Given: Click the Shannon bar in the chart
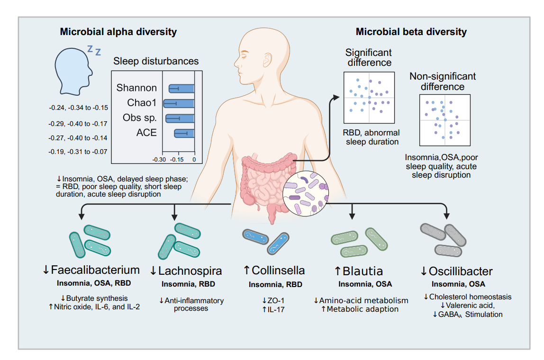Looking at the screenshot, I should [x=182, y=88].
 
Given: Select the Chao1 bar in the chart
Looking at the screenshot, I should [x=179, y=103].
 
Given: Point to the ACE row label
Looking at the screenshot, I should [x=146, y=133].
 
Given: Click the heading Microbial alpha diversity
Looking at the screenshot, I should [x=118, y=32].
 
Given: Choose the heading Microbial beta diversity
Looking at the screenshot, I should [x=411, y=32].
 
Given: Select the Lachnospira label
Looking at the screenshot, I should [x=190, y=271].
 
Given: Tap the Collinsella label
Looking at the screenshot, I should [x=278, y=270].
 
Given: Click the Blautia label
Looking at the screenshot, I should [x=363, y=271].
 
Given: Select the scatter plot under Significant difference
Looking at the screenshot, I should [x=369, y=98].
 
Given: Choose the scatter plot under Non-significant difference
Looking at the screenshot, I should [x=444, y=119].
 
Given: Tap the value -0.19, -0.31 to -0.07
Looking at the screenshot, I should [x=78, y=152].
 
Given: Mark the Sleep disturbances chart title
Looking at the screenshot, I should [x=156, y=61].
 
